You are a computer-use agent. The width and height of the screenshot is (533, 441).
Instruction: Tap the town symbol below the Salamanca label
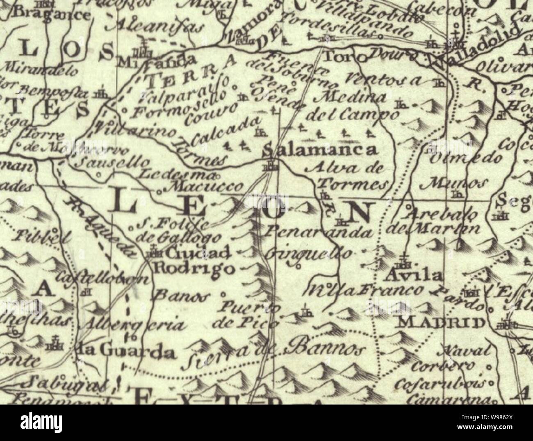(270, 166)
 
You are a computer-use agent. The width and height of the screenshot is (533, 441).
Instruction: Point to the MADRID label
(441, 322)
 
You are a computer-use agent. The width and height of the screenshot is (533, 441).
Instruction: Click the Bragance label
(51, 15)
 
